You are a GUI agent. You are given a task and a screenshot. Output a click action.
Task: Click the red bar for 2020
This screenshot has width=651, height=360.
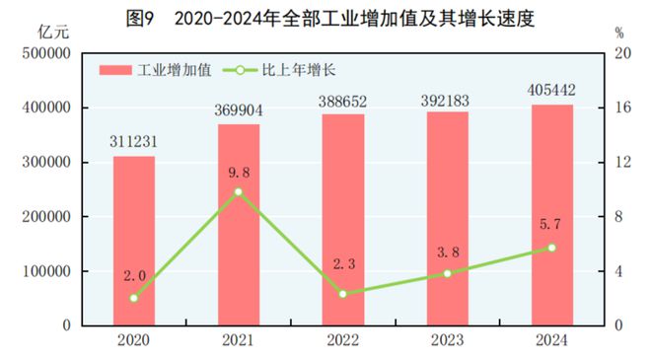[x=133, y=241]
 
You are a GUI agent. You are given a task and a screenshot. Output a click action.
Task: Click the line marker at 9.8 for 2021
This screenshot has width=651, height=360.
[x=238, y=191]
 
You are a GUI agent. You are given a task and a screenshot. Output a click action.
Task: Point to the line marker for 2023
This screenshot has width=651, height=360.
[x=447, y=273]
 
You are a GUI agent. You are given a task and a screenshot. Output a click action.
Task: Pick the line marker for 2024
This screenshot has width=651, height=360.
[x=551, y=248]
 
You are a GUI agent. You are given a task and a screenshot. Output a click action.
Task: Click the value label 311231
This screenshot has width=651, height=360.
[x=133, y=142]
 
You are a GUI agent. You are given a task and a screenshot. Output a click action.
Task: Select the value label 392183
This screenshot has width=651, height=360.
[x=447, y=99]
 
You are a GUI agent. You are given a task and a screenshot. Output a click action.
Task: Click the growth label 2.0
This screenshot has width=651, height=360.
[x=134, y=274]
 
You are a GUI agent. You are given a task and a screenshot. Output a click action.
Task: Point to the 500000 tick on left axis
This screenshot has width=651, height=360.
[x=45, y=53]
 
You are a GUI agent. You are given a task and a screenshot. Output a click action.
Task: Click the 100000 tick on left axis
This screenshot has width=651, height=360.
[x=45, y=271]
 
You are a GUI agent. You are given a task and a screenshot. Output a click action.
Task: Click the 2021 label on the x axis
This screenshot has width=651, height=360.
[x=238, y=340]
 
